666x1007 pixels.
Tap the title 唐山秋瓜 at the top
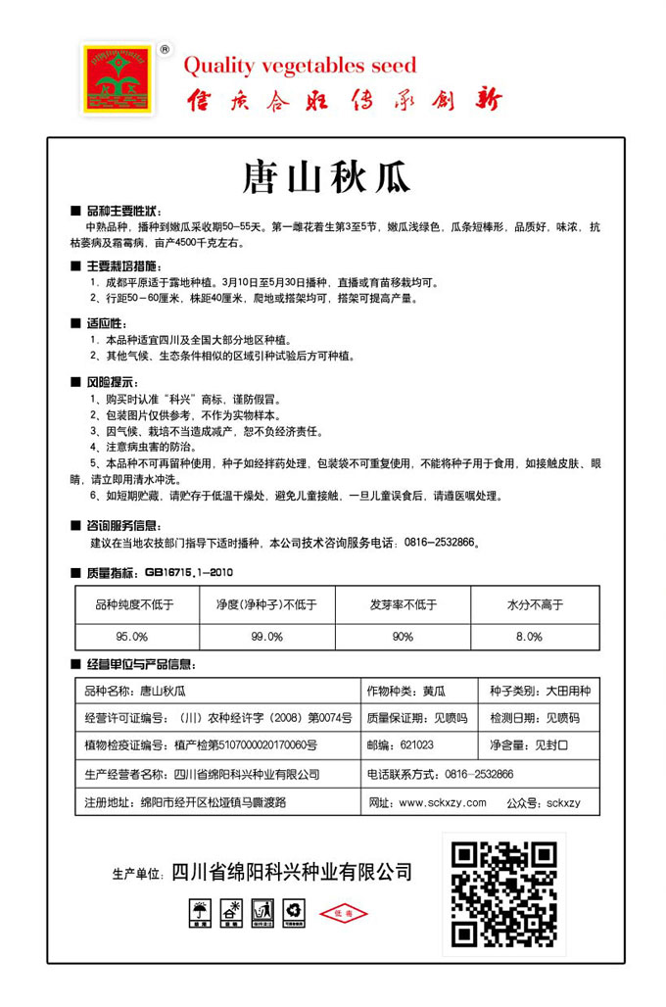(326, 178)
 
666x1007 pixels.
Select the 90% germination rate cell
(403, 636)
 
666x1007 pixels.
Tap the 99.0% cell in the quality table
(266, 636)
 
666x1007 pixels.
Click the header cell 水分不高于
(535, 604)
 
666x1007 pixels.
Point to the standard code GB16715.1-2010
(189, 572)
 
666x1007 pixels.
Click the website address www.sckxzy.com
(442, 803)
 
